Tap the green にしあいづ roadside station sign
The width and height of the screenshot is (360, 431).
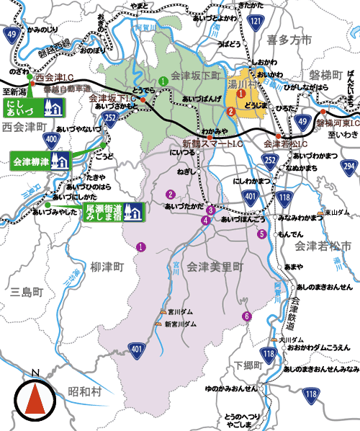pyautogui.click(x=34, y=108)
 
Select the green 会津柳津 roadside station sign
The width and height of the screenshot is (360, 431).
pyautogui.click(x=40, y=160)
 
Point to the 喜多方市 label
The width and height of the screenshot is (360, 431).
pyautogui.click(x=287, y=40)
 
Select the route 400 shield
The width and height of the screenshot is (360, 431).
pyautogui.click(x=51, y=138)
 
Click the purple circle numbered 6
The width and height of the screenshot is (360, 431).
pyautogui.click(x=246, y=316)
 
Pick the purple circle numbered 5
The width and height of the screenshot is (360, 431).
pyautogui.click(x=261, y=234)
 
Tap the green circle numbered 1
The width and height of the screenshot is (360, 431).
pyautogui.click(x=164, y=80)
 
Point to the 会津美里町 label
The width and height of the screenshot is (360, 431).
pyautogui.click(x=215, y=267)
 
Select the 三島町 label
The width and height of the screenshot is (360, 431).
pyautogui.click(x=28, y=292)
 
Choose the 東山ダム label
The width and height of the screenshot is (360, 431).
pyautogui.click(x=336, y=213)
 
